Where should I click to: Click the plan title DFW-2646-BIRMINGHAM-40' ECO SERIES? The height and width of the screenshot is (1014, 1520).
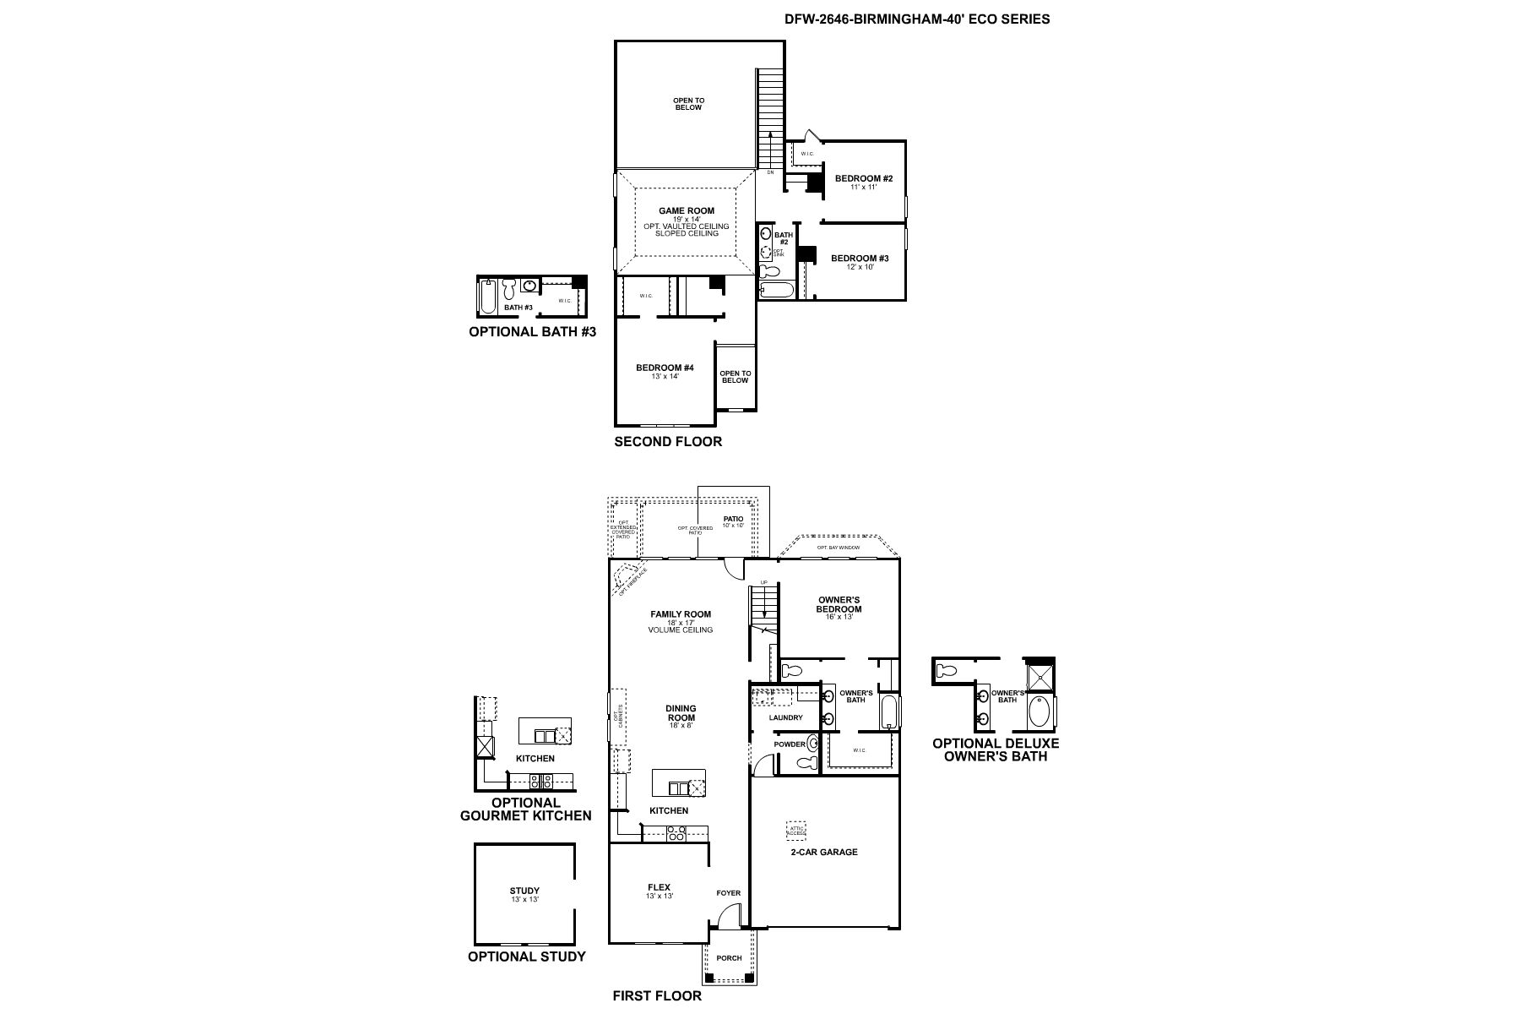click(x=917, y=19)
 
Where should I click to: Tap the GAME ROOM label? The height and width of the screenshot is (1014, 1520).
click(x=687, y=211)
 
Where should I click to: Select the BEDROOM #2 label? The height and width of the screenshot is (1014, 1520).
click(x=864, y=178)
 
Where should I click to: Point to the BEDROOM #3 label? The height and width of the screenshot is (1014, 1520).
click(x=860, y=259)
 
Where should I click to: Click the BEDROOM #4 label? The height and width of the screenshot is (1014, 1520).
click(x=665, y=368)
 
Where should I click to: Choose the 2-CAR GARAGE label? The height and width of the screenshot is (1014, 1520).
click(x=823, y=852)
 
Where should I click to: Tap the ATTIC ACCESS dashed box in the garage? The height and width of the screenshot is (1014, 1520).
click(x=796, y=830)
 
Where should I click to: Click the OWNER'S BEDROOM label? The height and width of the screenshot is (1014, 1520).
click(x=839, y=604)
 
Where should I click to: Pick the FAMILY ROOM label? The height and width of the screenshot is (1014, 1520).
click(x=681, y=614)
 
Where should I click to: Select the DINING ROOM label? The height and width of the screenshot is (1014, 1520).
click(x=681, y=713)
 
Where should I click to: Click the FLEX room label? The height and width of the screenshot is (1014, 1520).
click(x=659, y=887)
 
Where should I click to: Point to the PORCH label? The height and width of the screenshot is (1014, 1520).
click(x=729, y=958)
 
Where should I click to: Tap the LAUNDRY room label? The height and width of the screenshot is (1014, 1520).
click(x=785, y=717)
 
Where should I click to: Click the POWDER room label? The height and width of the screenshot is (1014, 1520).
click(x=790, y=744)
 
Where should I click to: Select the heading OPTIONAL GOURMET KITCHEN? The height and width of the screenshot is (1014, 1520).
click(x=525, y=809)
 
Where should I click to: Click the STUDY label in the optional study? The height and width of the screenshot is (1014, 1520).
click(x=524, y=891)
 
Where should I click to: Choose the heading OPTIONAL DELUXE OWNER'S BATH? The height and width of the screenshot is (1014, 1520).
click(x=996, y=750)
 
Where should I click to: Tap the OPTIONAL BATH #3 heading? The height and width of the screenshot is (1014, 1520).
click(x=532, y=332)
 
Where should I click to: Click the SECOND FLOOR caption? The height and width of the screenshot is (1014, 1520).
click(x=667, y=441)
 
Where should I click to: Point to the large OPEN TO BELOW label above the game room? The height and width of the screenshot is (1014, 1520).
click(x=688, y=104)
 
